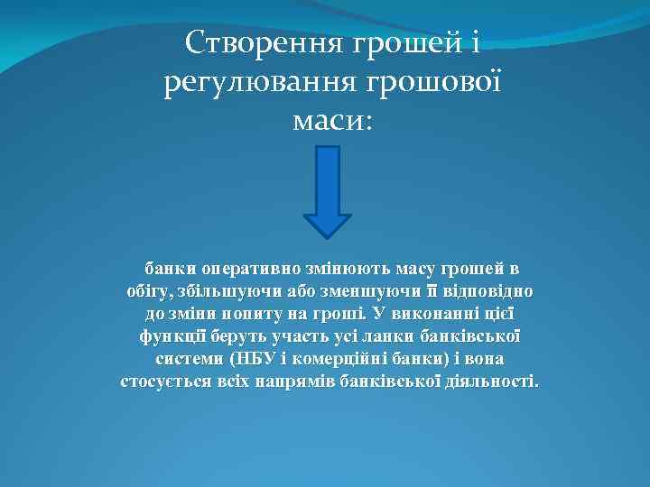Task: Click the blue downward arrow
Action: coord(327,190)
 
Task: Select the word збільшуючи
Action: coord(223,292)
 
